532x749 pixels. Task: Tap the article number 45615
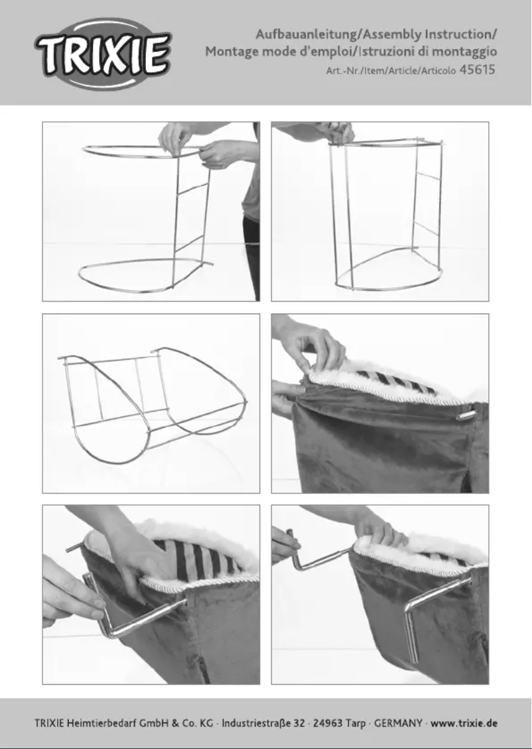(x=477, y=70)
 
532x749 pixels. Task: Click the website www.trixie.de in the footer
(x=464, y=722)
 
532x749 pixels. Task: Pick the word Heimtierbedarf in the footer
(x=102, y=722)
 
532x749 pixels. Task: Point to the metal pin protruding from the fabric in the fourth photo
(x=466, y=415)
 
